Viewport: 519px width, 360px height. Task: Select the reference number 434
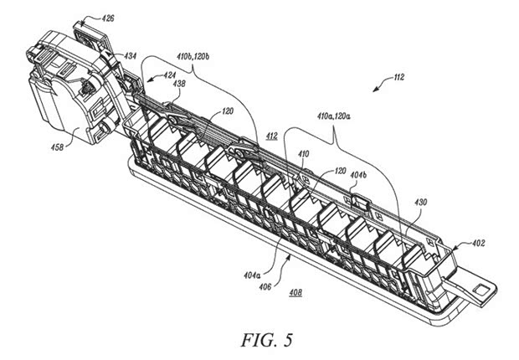(x=131, y=55)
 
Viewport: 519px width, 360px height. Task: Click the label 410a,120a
(x=334, y=116)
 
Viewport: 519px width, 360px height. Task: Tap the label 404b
(x=358, y=175)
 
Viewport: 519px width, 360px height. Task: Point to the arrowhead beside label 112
(x=386, y=82)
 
